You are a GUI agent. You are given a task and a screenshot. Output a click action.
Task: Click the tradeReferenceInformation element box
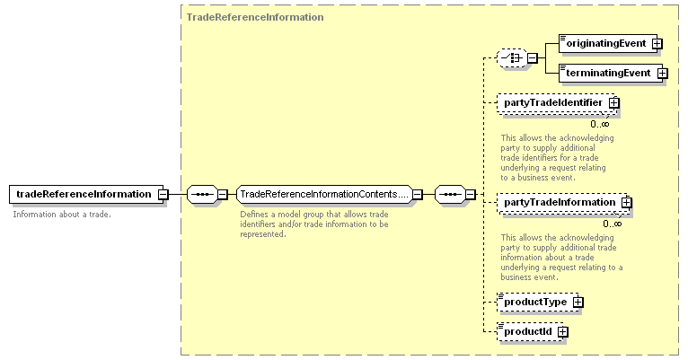(x=86, y=194)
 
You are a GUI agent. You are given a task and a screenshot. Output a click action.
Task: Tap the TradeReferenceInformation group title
(x=255, y=17)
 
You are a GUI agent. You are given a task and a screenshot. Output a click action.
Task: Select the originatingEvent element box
(x=608, y=43)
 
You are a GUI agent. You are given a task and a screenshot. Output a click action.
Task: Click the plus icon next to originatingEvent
(x=657, y=44)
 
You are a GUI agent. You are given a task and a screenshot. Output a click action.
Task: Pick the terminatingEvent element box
(x=611, y=74)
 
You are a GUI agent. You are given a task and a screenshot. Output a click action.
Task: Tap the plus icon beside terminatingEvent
(x=662, y=74)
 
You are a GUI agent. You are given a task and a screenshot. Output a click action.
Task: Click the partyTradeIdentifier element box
(x=555, y=103)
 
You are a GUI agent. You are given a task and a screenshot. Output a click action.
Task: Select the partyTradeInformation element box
(x=561, y=203)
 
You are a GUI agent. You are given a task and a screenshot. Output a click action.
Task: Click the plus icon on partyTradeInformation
(x=627, y=203)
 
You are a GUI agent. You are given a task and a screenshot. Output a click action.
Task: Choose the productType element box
(x=537, y=303)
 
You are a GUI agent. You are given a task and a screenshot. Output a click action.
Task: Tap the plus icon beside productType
(x=578, y=303)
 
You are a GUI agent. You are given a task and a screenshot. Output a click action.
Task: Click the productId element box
(x=530, y=332)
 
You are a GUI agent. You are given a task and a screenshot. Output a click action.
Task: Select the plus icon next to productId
(x=562, y=332)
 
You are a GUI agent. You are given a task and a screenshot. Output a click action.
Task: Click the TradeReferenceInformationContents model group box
(x=324, y=194)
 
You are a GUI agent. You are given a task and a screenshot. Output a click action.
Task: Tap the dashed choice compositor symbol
(x=512, y=57)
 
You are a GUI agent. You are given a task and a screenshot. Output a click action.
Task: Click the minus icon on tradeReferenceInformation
(x=163, y=194)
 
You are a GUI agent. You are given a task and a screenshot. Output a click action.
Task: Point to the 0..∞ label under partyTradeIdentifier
(x=599, y=124)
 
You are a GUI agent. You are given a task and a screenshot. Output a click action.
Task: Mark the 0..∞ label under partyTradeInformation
(x=612, y=224)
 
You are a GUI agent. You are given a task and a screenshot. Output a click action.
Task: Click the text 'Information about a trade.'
(x=62, y=215)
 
